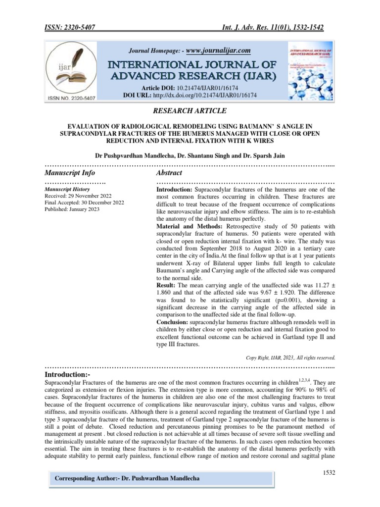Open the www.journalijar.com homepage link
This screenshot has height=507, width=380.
tap(218, 51)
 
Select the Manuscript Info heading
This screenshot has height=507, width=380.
tap(70, 173)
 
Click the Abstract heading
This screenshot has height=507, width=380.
tap(169, 173)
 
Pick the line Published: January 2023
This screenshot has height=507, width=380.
tap(72, 209)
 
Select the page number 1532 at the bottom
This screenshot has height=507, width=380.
tap(328, 473)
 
